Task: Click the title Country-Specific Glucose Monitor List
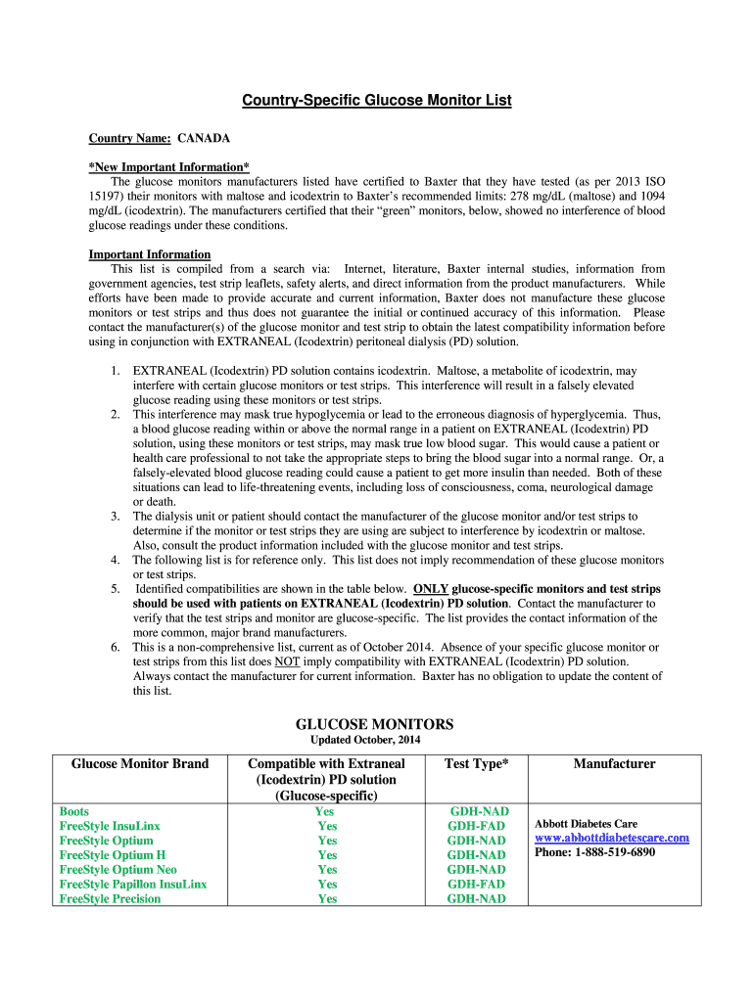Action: (x=377, y=101)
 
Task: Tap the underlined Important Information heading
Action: (x=149, y=254)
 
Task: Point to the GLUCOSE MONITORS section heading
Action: (x=374, y=724)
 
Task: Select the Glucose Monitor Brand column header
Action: (x=140, y=764)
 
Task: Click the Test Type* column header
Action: (x=476, y=764)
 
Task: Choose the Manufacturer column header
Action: (x=614, y=764)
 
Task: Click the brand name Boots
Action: (x=74, y=811)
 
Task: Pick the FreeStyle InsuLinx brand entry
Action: (x=110, y=826)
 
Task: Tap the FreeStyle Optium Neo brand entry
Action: (x=118, y=870)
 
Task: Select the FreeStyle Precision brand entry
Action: (x=110, y=899)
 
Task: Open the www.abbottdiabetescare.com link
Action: (x=612, y=838)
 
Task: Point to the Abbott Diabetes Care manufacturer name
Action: (x=586, y=824)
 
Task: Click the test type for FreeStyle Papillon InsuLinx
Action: (x=476, y=885)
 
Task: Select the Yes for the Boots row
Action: (x=325, y=811)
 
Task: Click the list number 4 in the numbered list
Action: (x=115, y=561)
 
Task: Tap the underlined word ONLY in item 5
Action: (x=432, y=589)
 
